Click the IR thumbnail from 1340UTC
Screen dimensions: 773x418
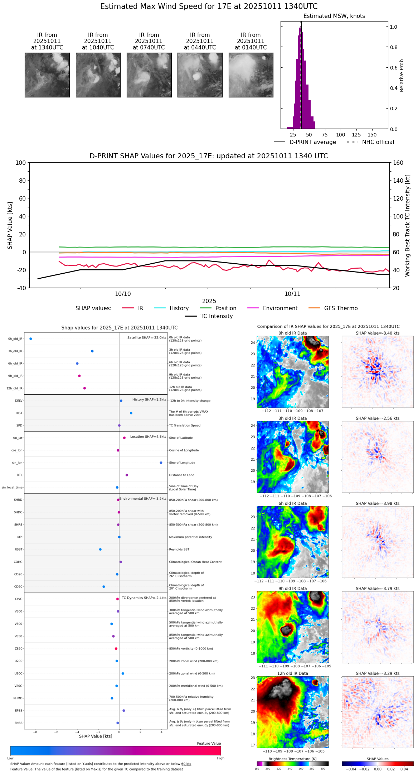pos(47,75)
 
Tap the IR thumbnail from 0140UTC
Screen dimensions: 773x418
pos(251,75)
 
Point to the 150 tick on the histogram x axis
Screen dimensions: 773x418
pos(372,135)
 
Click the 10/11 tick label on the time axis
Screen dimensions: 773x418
pos(292,294)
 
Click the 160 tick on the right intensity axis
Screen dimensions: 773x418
pos(398,163)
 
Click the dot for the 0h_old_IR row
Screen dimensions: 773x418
pos(31,339)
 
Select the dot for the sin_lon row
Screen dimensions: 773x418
pos(161,463)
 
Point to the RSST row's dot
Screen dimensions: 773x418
pos(100,549)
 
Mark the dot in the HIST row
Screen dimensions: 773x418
pos(131,413)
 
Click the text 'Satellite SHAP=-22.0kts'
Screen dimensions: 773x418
pos(147,338)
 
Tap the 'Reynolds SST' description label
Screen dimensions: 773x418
pos(179,549)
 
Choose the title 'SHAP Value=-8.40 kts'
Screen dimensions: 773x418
pos(378,333)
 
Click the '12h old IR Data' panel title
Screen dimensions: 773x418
pos(292,673)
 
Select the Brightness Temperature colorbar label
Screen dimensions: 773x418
pos(292,759)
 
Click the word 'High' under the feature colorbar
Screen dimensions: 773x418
pos(220,758)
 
